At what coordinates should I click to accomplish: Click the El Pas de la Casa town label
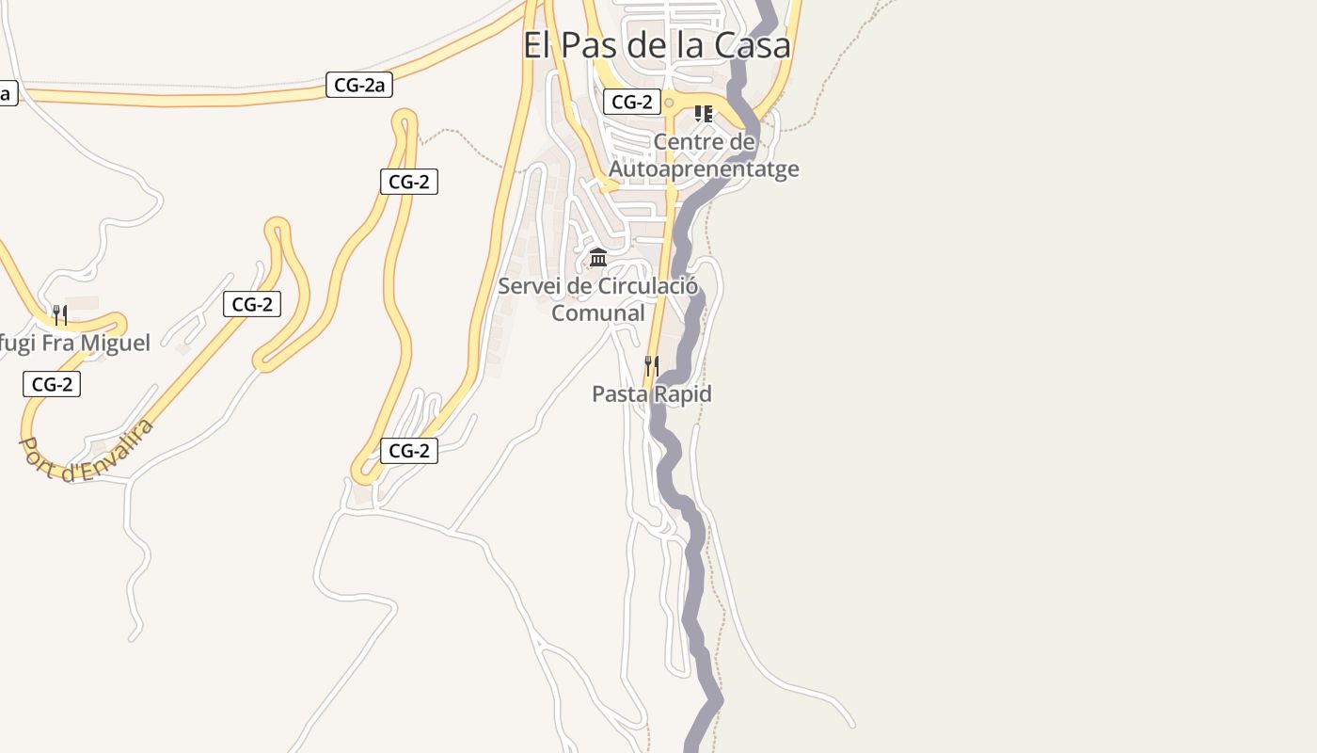point(657,45)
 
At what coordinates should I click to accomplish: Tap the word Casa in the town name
point(752,45)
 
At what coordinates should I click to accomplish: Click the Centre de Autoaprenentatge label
point(704,155)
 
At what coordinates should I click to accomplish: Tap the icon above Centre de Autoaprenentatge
point(703,114)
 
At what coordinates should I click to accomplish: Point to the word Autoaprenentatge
point(704,169)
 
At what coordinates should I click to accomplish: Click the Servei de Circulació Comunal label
point(598,299)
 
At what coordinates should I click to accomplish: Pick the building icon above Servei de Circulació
point(597,257)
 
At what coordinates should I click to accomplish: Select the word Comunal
point(598,313)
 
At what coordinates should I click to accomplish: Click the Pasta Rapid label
point(651,394)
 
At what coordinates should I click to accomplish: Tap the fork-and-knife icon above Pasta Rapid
point(650,365)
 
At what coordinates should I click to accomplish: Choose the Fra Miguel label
point(75,344)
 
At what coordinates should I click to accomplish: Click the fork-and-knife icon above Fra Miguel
point(59,314)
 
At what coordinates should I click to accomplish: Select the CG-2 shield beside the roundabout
point(632,103)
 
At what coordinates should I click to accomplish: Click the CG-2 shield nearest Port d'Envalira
point(52,384)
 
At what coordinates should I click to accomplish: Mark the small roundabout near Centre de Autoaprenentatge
point(669,103)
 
